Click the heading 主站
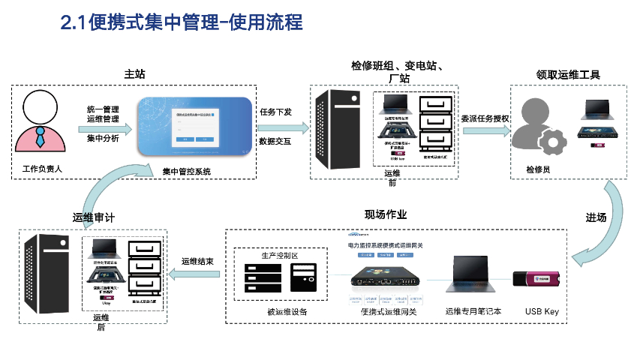(134, 74)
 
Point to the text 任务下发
(275, 111)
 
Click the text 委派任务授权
(485, 118)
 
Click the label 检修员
(539, 170)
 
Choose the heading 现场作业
(385, 215)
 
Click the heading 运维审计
(93, 217)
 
